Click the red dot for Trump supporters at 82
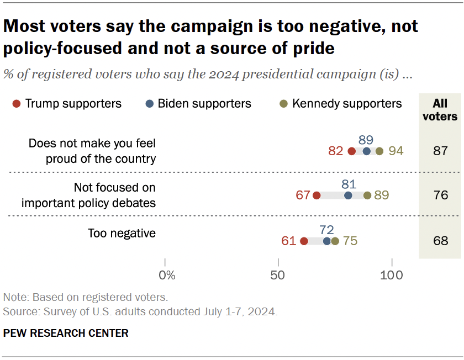coord(352,151)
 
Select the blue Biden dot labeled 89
coord(367,151)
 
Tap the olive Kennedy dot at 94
coord(379,151)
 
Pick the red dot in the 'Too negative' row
coord(304,241)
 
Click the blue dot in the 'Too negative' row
coord(327,241)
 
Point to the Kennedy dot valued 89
coord(367,195)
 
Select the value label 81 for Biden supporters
coord(349,184)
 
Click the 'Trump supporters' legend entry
coord(67,103)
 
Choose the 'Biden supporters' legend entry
coord(198,103)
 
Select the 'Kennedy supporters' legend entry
coord(341,103)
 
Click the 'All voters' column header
coord(440,110)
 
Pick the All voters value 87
coord(440,151)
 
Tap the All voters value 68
coord(440,241)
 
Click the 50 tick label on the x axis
coord(278,274)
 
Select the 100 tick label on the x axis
coord(392,274)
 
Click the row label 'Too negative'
coord(122,234)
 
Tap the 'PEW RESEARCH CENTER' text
coord(66,333)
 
